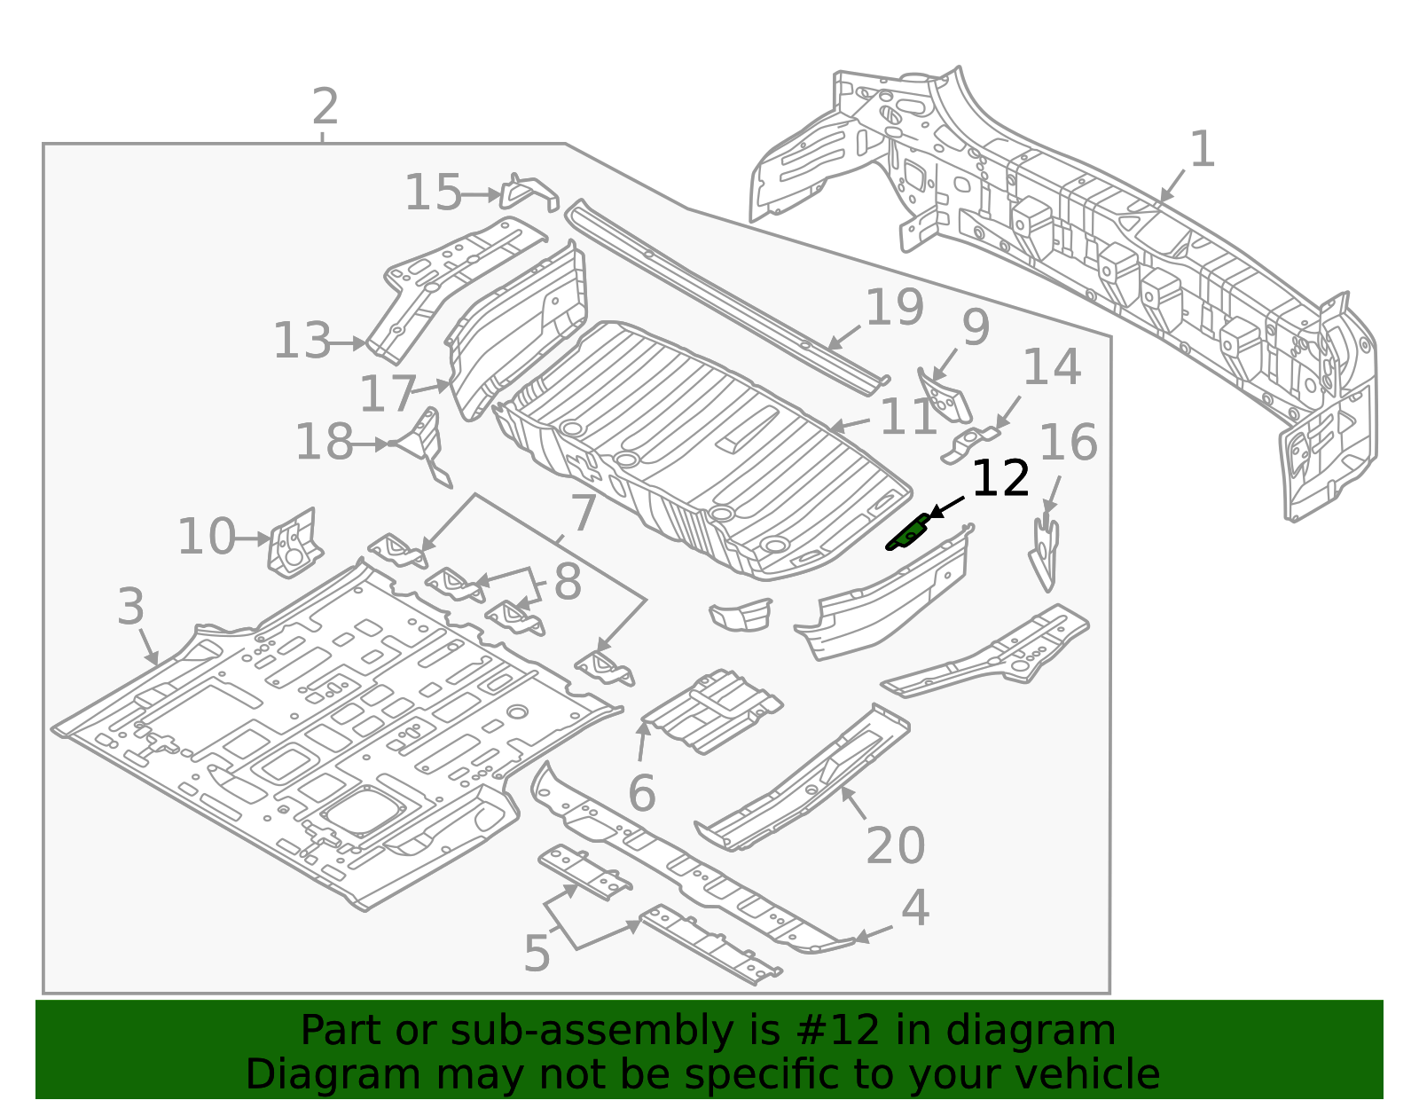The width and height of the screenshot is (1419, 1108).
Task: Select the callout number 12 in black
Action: [1000, 480]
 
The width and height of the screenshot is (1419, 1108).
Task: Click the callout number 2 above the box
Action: [325, 107]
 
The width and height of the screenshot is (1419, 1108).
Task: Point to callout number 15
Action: [433, 193]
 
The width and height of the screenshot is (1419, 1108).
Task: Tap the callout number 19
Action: [894, 307]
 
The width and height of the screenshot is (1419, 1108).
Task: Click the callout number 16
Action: [1068, 442]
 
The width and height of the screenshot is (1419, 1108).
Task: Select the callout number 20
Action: [895, 845]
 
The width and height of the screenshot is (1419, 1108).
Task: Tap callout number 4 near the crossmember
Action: [915, 908]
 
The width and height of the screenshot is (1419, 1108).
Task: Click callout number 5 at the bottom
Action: [537, 954]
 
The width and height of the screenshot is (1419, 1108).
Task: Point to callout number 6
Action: [641, 793]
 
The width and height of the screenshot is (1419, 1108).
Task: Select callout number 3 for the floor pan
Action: [130, 608]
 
